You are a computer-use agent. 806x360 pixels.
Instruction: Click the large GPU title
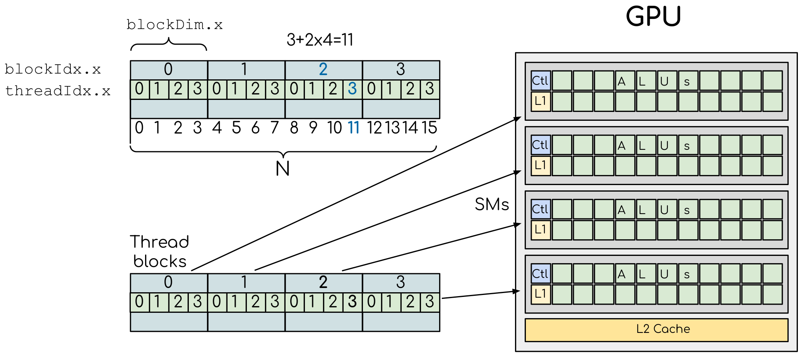click(653, 17)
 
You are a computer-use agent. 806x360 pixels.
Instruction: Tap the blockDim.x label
click(175, 25)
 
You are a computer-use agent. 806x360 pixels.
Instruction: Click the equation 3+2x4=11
click(320, 40)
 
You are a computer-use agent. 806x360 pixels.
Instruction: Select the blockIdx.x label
click(53, 70)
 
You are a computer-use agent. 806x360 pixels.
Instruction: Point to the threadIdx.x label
click(58, 91)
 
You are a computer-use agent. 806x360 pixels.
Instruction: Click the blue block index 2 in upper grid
click(323, 70)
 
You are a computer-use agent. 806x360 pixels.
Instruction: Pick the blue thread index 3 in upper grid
click(352, 89)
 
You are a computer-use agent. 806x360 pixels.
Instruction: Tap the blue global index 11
click(354, 128)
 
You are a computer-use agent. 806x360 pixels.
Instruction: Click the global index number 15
click(429, 128)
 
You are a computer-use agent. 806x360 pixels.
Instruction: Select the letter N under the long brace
click(283, 169)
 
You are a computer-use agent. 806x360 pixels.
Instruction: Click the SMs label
click(492, 204)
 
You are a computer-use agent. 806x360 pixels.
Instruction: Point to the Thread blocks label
click(159, 252)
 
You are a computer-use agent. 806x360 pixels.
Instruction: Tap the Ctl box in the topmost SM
click(541, 81)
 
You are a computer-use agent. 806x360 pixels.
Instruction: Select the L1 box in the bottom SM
click(541, 294)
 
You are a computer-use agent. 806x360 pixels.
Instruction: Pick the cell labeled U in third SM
click(667, 209)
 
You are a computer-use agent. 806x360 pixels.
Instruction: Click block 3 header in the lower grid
click(401, 283)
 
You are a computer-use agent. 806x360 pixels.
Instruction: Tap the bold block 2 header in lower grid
click(323, 283)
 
